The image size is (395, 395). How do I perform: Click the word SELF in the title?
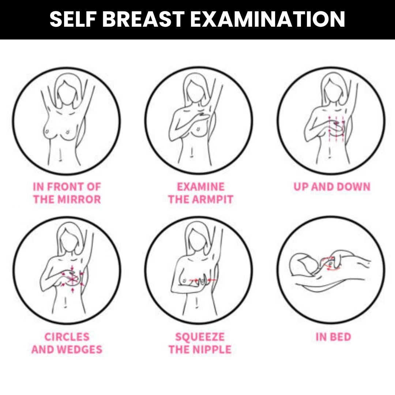(x=73, y=19)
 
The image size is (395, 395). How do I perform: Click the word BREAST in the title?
(x=143, y=19)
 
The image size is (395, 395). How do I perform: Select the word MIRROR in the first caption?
(x=79, y=199)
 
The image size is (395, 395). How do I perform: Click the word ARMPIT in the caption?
(x=213, y=199)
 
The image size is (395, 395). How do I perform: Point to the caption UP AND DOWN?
(x=332, y=187)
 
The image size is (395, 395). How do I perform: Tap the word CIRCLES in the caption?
(x=67, y=337)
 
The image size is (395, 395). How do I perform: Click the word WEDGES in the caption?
(x=80, y=349)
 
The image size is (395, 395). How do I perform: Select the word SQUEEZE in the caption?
(x=200, y=337)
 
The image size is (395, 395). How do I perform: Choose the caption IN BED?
(x=333, y=337)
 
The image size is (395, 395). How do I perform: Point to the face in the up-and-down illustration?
(x=333, y=91)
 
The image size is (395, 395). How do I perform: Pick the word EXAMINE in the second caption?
(x=200, y=187)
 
